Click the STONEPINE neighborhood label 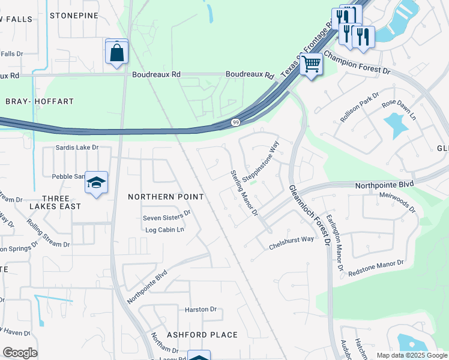(74, 15)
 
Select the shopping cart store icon (311, 63)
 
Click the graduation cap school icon (96, 184)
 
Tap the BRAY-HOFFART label (39, 102)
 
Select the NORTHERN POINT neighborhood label (166, 197)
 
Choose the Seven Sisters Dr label (166, 213)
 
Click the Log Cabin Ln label (164, 230)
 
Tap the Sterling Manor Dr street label (244, 193)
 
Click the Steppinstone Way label (262, 158)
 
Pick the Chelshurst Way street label (291, 243)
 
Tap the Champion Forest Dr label (357, 62)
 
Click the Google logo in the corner (20, 353)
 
